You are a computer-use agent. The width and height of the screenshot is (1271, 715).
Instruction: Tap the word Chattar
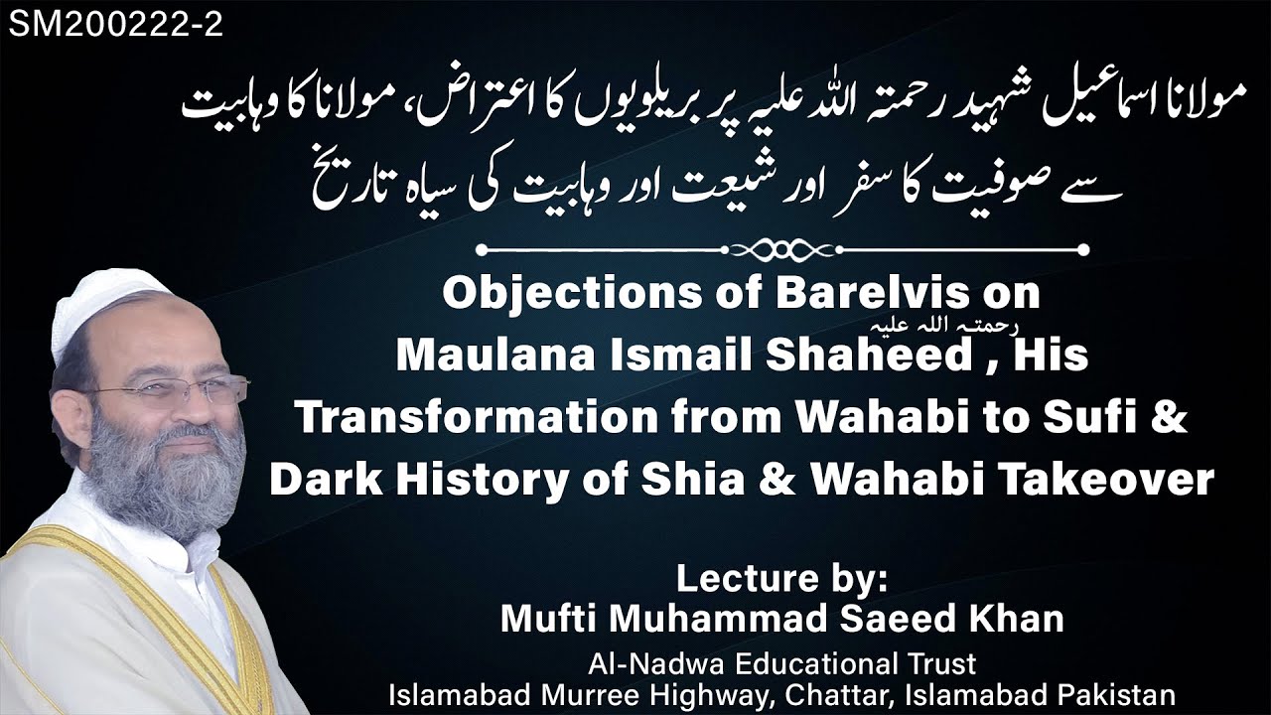(x=860, y=694)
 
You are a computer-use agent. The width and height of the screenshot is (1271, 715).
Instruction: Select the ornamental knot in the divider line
(x=779, y=249)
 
